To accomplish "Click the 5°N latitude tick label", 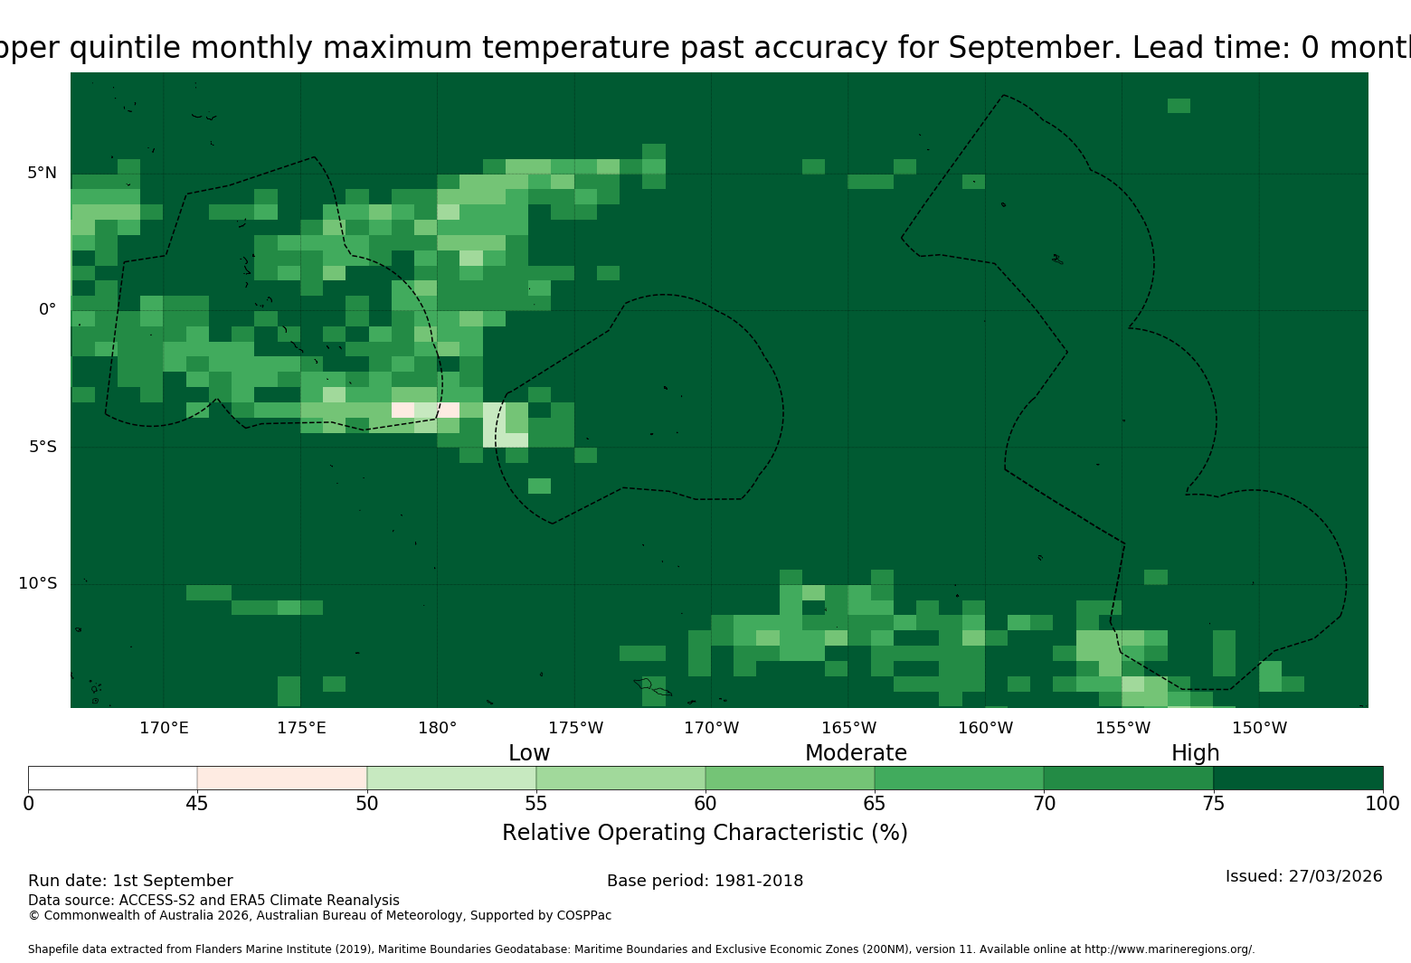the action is pos(42,173).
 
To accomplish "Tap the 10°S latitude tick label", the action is pos(37,583).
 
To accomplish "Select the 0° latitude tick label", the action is pos(47,309).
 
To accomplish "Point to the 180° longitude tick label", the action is pos(437,728).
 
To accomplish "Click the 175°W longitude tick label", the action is pos(576,728).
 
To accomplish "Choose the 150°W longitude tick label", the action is pos(1259,728).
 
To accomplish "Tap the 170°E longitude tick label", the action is pos(164,728).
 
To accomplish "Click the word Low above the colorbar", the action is pos(529,752).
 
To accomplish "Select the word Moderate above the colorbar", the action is pos(856,752).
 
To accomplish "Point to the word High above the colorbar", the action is pos(1195,753).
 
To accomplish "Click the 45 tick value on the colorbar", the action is pos(197,804).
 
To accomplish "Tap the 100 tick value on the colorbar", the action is pos(1383,804).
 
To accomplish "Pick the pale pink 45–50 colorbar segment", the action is pos(282,778).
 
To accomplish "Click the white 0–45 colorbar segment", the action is pos(113,778).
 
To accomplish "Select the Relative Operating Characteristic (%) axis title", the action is pos(705,833).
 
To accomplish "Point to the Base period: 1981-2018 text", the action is pos(705,881).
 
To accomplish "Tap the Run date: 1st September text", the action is pos(130,881).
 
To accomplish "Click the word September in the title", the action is pos(1035,48).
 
